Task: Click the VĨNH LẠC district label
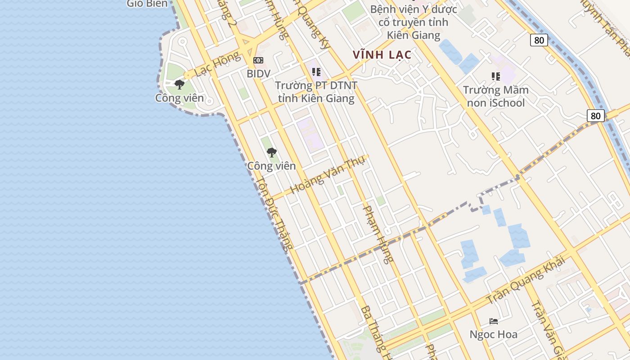click(x=382, y=55)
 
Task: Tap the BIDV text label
click(x=258, y=73)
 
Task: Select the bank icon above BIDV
click(x=258, y=60)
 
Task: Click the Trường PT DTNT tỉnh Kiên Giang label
click(x=316, y=92)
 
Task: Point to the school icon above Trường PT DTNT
click(x=316, y=72)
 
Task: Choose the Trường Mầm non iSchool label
click(x=496, y=96)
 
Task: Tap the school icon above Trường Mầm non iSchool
click(x=496, y=76)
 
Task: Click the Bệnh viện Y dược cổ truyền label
click(x=414, y=22)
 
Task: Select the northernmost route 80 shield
click(x=539, y=40)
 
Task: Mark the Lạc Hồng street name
click(x=218, y=64)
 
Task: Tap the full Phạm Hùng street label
click(x=378, y=234)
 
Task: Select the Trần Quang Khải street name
click(x=526, y=280)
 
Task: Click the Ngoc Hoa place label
click(x=493, y=334)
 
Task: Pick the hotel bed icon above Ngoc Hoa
click(x=494, y=321)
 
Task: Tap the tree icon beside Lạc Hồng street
click(x=180, y=84)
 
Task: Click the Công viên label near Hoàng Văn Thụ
click(x=271, y=166)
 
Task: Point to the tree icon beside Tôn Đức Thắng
click(x=271, y=153)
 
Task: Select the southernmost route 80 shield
click(x=595, y=116)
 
